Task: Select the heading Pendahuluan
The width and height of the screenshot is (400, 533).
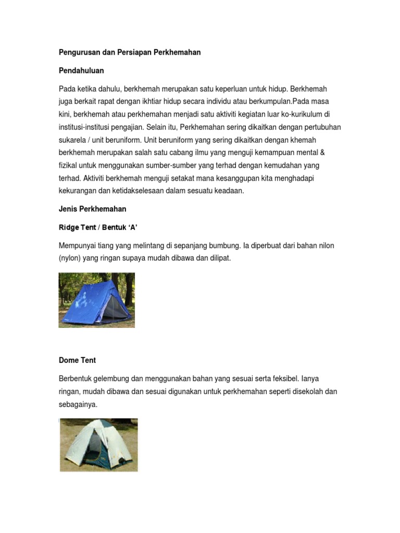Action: tap(81, 70)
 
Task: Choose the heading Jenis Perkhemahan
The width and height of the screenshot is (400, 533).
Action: tap(92, 209)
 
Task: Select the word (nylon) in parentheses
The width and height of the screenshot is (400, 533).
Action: tap(71, 258)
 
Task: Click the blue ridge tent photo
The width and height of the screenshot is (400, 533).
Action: tap(96, 300)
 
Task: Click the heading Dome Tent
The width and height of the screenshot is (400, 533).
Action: tap(77, 360)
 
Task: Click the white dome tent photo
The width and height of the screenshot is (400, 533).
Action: tap(98, 445)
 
